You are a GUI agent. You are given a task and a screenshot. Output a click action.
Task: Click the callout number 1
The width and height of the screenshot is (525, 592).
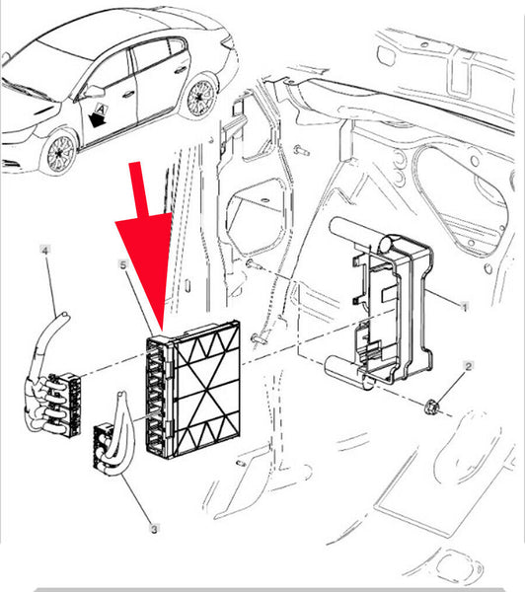tap(465, 307)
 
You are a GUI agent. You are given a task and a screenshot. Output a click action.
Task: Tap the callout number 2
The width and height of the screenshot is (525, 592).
tap(469, 366)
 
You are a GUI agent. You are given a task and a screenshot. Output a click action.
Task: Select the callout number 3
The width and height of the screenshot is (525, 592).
tap(154, 529)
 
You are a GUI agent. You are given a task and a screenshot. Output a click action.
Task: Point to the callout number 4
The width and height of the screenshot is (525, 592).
tap(45, 250)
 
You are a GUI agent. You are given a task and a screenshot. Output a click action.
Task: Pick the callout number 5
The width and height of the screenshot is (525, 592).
tap(123, 265)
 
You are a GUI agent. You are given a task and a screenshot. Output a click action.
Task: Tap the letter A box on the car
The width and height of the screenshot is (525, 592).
tap(101, 110)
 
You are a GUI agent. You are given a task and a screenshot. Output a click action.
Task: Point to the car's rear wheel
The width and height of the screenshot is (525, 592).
tap(200, 98)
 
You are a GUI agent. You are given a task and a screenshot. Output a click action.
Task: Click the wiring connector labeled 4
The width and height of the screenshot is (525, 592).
tap(53, 403)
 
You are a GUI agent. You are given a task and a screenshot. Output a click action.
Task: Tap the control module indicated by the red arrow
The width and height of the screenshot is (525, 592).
tap(193, 389)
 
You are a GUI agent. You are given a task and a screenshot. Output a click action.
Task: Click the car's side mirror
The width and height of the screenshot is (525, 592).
tap(94, 91)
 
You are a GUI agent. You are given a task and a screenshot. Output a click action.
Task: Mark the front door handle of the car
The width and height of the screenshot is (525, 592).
tap(129, 95)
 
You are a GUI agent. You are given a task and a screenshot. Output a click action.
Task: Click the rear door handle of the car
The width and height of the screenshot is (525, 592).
tap(181, 70)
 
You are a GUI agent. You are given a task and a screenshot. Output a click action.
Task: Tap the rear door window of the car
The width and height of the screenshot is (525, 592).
tap(151, 55)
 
